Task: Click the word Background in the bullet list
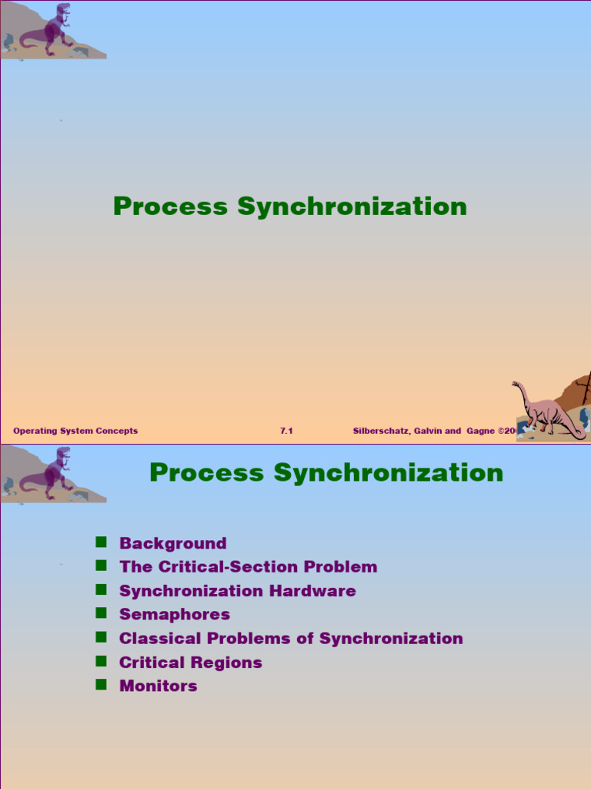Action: coord(172,543)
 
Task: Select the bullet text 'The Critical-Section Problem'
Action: coord(248,567)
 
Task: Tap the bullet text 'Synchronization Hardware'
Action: coord(237,591)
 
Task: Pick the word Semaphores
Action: coord(175,615)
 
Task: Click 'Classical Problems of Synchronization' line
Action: coord(291,639)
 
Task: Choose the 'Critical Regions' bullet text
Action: coord(190,663)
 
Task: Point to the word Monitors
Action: coord(158,686)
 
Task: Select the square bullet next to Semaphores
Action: coord(100,613)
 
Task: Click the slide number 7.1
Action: coord(286,431)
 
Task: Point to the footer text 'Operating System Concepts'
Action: coord(75,431)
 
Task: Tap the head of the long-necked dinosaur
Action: coord(516,384)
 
